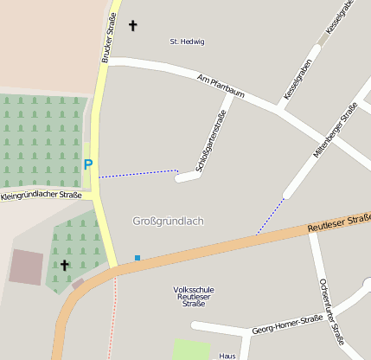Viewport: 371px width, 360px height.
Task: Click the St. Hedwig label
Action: click(187, 42)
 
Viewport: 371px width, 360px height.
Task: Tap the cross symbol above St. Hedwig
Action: click(132, 26)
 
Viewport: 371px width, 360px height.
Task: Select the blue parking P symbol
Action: click(87, 164)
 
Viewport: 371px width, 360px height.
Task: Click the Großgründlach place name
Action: click(168, 222)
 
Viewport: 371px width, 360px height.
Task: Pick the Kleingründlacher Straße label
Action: click(41, 196)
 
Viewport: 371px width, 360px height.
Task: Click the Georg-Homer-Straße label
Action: click(286, 325)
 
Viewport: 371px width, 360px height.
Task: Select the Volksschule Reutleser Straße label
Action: click(191, 296)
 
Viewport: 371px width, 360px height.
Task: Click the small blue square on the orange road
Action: click(137, 258)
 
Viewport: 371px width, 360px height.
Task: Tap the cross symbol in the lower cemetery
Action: click(64, 265)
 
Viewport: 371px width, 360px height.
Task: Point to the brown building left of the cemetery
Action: click(26, 267)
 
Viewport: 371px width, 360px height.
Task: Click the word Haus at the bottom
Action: click(227, 356)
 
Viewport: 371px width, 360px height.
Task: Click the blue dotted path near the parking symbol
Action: click(138, 173)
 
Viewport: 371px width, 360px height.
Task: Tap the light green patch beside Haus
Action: click(191, 350)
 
